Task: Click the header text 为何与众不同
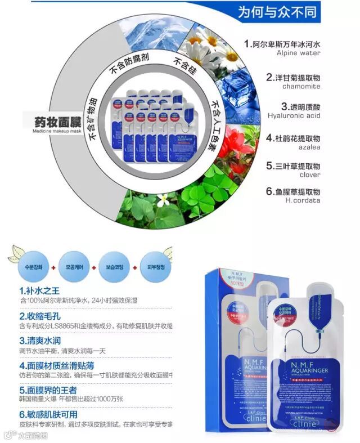coord(277,11)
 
